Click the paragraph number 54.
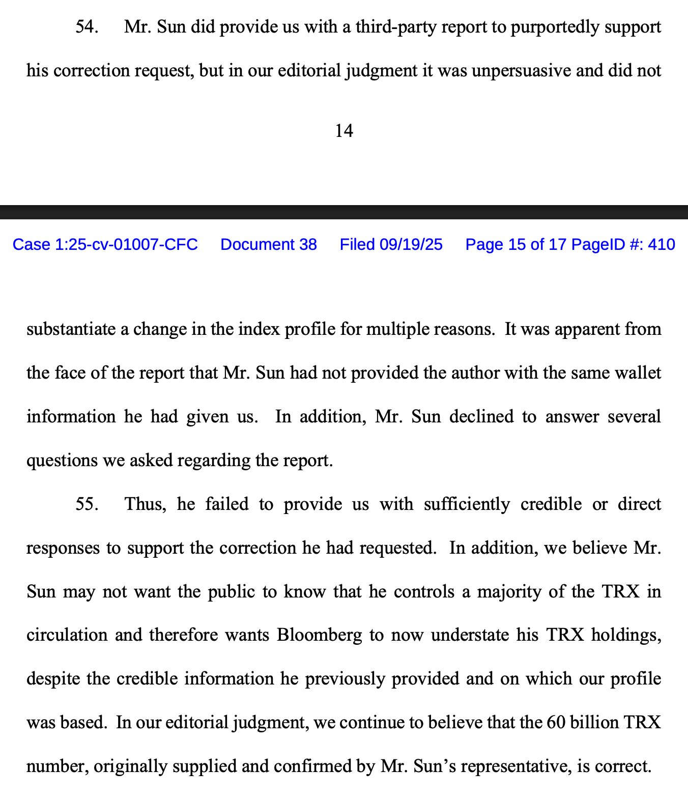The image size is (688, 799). pos(87,26)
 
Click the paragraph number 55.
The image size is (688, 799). pos(87,504)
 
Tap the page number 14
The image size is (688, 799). pos(344,131)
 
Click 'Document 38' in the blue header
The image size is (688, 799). pos(268,245)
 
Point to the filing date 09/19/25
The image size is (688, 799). pos(411,245)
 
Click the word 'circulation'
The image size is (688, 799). pos(67,635)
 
